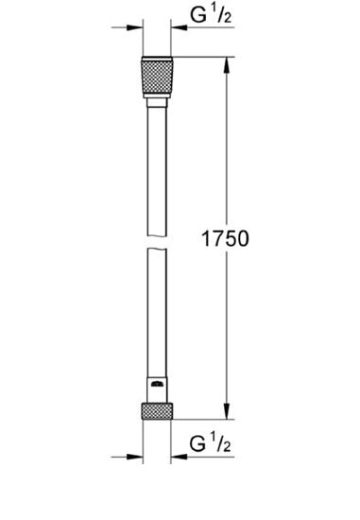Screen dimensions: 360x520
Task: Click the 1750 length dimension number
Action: (225, 238)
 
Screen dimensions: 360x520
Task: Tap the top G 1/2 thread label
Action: (211, 14)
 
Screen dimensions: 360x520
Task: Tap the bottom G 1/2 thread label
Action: (210, 443)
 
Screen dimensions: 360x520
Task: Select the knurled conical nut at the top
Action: (157, 78)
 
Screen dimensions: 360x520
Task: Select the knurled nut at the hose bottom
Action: (157, 411)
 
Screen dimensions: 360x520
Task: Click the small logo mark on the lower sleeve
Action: (157, 384)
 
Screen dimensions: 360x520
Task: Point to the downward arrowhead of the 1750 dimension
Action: (227, 411)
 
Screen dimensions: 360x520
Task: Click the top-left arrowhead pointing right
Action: (134, 27)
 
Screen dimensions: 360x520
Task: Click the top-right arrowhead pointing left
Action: (179, 27)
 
